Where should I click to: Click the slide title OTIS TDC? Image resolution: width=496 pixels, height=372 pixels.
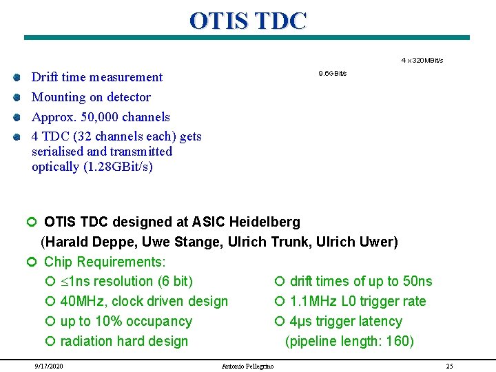[x=247, y=21]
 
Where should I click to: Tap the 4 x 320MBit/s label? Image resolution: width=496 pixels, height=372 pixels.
[x=422, y=61]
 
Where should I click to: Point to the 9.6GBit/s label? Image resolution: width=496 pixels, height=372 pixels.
[x=332, y=73]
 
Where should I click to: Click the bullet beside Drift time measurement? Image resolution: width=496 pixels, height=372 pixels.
[x=16, y=77]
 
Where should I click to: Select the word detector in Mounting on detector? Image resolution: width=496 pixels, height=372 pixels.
[x=127, y=97]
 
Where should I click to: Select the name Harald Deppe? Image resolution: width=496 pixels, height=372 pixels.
[x=84, y=242]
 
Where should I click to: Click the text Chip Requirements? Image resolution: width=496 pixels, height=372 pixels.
[x=105, y=262]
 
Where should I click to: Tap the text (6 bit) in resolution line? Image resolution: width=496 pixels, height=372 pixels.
[x=175, y=281]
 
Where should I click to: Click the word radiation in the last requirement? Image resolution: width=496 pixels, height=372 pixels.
[x=87, y=341]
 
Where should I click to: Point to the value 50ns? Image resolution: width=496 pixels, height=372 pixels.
[x=415, y=281]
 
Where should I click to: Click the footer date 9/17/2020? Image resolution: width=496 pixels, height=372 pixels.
[x=49, y=366]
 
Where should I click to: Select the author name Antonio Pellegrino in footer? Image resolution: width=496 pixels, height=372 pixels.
[x=247, y=366]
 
